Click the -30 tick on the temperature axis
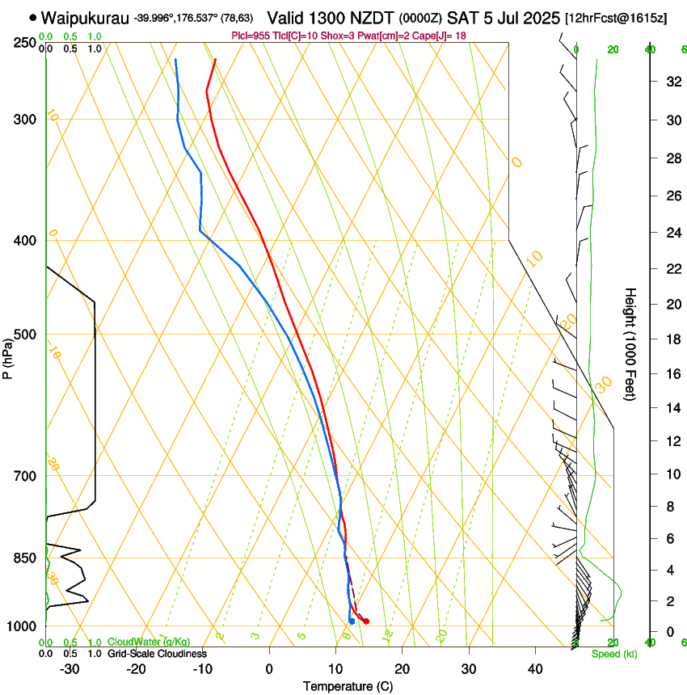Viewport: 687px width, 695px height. coord(70,669)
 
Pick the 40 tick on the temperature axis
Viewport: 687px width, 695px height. coord(534,669)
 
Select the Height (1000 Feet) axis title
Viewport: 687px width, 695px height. coord(631,344)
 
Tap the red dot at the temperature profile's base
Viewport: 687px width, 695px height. coord(366,621)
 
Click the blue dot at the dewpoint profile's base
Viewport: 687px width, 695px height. coord(352,621)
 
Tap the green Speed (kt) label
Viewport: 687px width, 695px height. coord(614,654)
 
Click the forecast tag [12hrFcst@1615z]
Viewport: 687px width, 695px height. coord(616,18)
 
